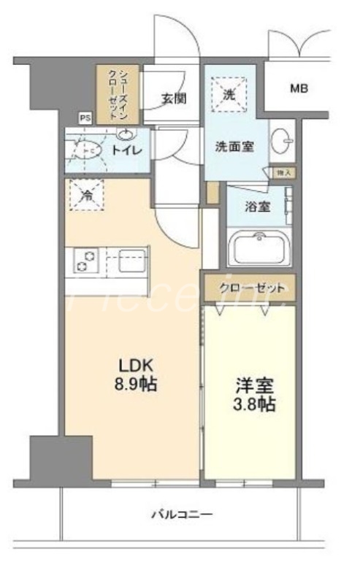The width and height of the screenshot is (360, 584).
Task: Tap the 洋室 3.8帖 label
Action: point(254,394)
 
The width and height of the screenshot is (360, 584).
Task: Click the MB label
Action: point(299,89)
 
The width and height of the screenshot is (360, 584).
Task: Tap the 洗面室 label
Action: point(234,145)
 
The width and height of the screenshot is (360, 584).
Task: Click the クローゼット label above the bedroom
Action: point(251,287)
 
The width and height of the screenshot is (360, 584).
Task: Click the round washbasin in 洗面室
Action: point(282,142)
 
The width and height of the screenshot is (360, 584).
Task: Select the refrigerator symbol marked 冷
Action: point(86,195)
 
